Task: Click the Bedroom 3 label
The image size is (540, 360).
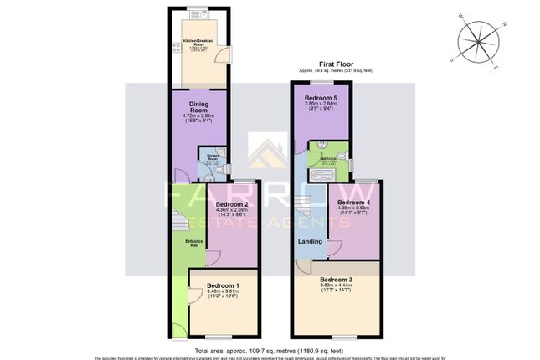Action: [x=335, y=279]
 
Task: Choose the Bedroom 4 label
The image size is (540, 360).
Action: [x=352, y=203]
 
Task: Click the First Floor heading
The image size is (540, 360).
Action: [x=334, y=64]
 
